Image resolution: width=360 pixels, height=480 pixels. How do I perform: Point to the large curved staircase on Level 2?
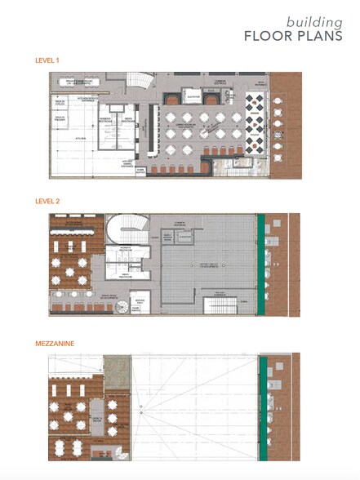[x=130, y=227]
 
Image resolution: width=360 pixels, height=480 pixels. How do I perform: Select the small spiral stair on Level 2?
[x=120, y=306]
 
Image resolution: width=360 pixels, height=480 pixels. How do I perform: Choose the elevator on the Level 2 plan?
[x=186, y=237]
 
